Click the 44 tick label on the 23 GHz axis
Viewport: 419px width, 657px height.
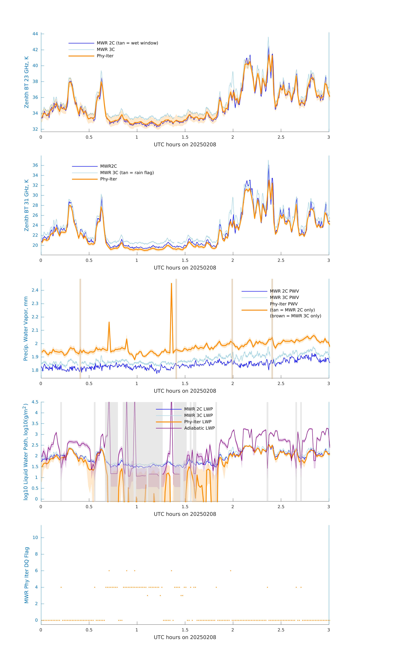35,34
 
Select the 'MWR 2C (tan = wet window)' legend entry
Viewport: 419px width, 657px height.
127,43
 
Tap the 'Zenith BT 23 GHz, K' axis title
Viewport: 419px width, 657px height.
27,82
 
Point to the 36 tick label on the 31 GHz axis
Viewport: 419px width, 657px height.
35,165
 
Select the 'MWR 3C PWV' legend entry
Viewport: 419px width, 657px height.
284,298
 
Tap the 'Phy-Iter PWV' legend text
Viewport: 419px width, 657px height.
284,304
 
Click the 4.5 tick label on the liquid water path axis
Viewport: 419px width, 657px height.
35,402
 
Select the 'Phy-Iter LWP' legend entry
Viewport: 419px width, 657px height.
198,422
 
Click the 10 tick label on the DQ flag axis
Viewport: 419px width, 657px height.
35,538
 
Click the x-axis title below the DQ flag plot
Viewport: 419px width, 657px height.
185,637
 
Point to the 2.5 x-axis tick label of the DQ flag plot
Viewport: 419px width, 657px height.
281,630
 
